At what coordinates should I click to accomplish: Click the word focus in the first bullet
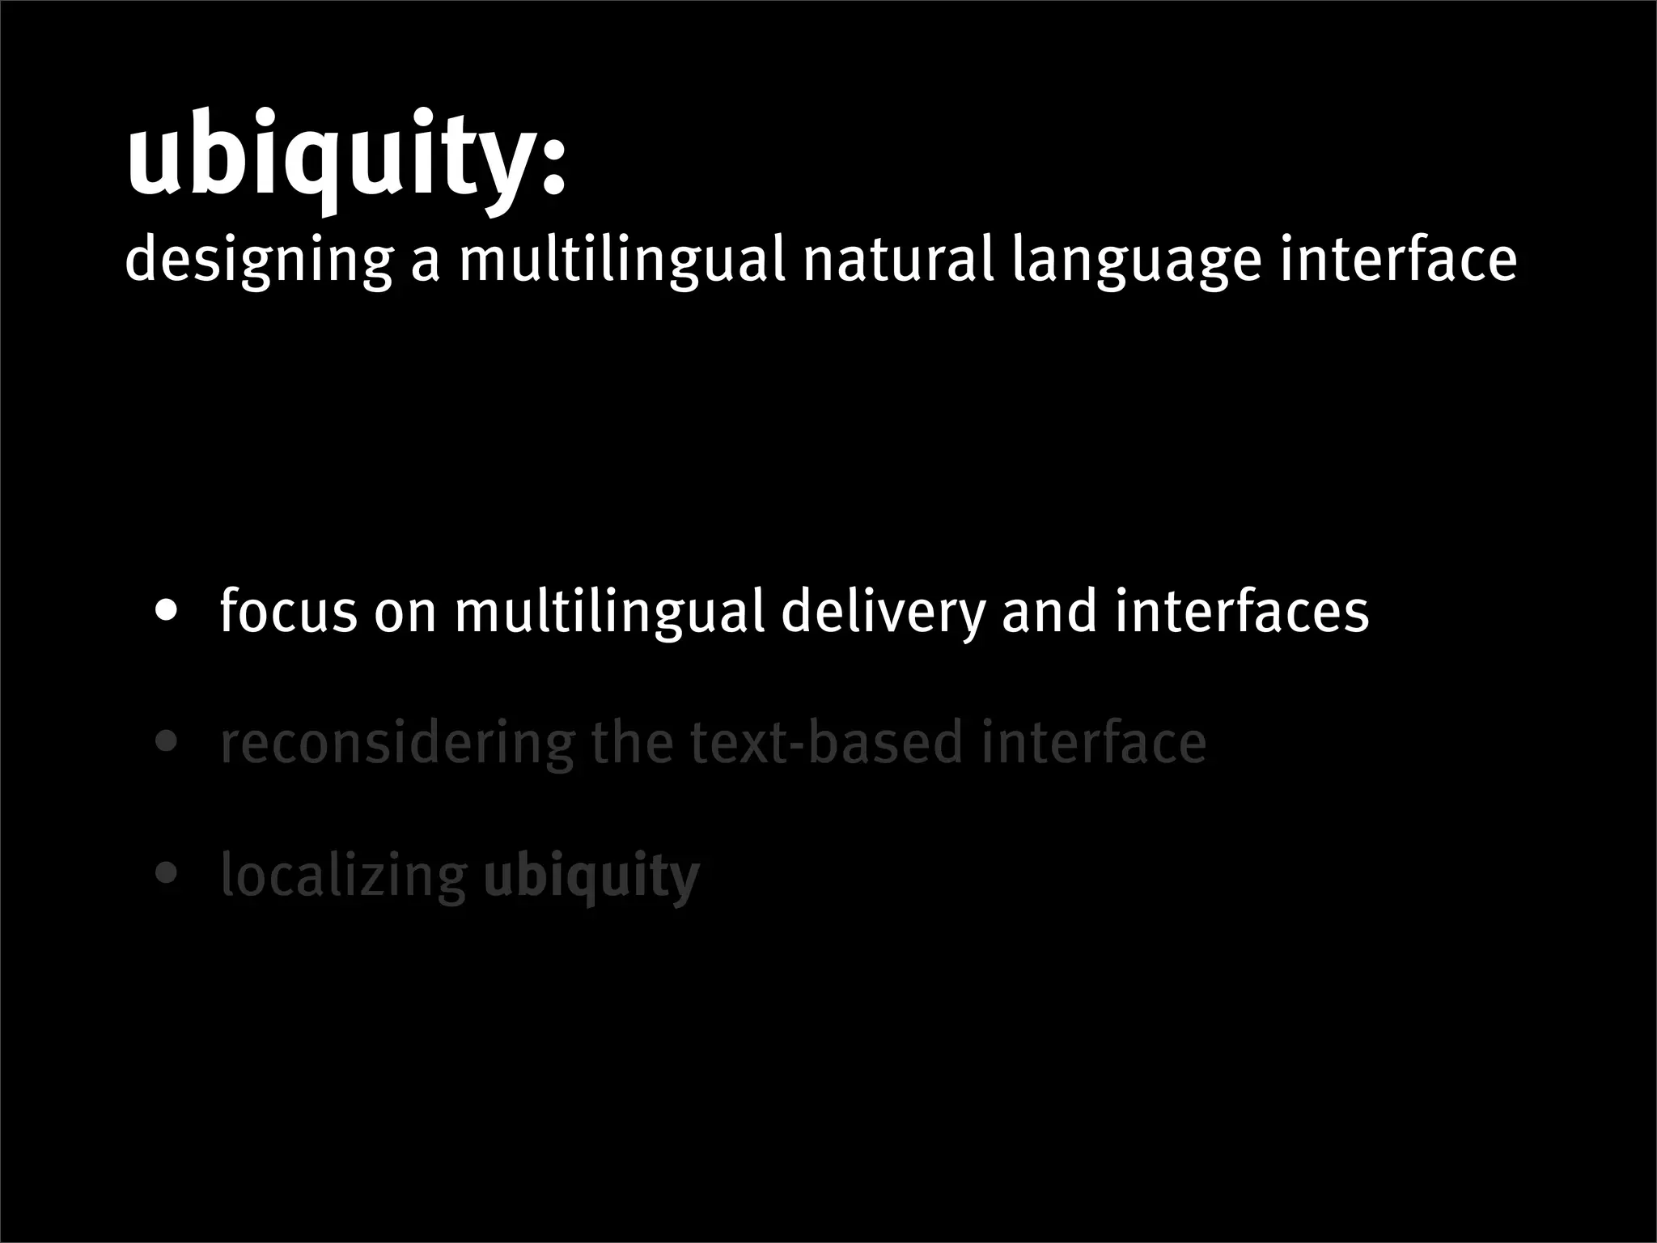[288, 611]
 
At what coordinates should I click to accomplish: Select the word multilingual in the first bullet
[610, 611]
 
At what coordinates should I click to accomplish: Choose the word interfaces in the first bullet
[1242, 611]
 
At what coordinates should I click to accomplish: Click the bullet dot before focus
[167, 611]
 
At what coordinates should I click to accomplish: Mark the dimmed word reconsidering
[397, 744]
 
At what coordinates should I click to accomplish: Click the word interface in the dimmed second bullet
[1093, 742]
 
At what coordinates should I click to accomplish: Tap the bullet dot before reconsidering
[167, 742]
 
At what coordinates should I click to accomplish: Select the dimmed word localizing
[344, 876]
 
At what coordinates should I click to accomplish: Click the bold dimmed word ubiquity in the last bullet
[591, 876]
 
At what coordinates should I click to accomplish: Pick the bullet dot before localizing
[167, 874]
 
